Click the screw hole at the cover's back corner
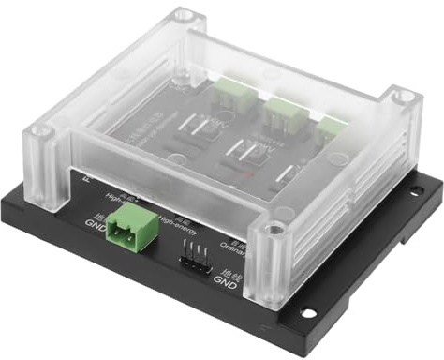coord(184,16)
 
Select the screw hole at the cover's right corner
coord(403,97)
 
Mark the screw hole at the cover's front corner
coord(273,228)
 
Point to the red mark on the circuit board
coord(246,173)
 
